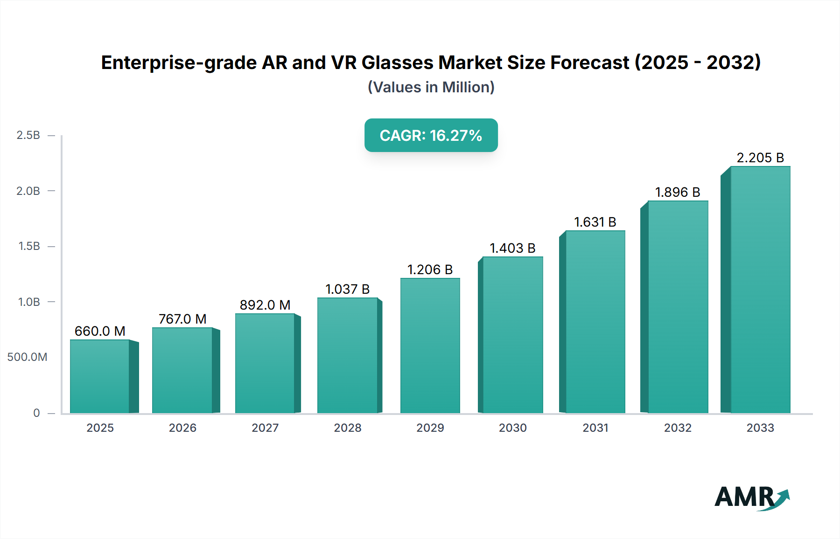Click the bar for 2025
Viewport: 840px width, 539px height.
pyautogui.click(x=99, y=377)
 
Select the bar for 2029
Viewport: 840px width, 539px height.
pyautogui.click(x=430, y=346)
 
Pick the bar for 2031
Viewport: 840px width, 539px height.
pyautogui.click(x=595, y=322)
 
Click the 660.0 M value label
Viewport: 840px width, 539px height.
pyautogui.click(x=100, y=331)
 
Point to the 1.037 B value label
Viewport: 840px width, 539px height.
pyautogui.click(x=347, y=289)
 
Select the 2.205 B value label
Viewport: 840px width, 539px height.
pyautogui.click(x=760, y=158)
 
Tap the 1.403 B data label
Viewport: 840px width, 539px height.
pyautogui.click(x=512, y=248)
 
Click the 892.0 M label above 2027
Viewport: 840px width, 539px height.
pyautogui.click(x=265, y=305)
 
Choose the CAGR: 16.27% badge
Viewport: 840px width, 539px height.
pyautogui.click(x=431, y=135)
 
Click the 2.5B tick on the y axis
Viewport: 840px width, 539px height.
pyautogui.click(x=28, y=135)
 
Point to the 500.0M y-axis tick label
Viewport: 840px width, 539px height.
pyautogui.click(x=27, y=357)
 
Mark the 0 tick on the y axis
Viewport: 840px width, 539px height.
pyautogui.click(x=36, y=413)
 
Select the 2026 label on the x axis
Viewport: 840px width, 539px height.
pyautogui.click(x=182, y=428)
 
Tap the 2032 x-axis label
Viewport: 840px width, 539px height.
pyautogui.click(x=678, y=428)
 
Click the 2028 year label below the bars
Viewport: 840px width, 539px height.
pyautogui.click(x=348, y=428)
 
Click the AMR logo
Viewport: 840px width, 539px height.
pyautogui.click(x=752, y=498)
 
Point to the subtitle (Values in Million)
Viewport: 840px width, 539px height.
pyautogui.click(x=431, y=87)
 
